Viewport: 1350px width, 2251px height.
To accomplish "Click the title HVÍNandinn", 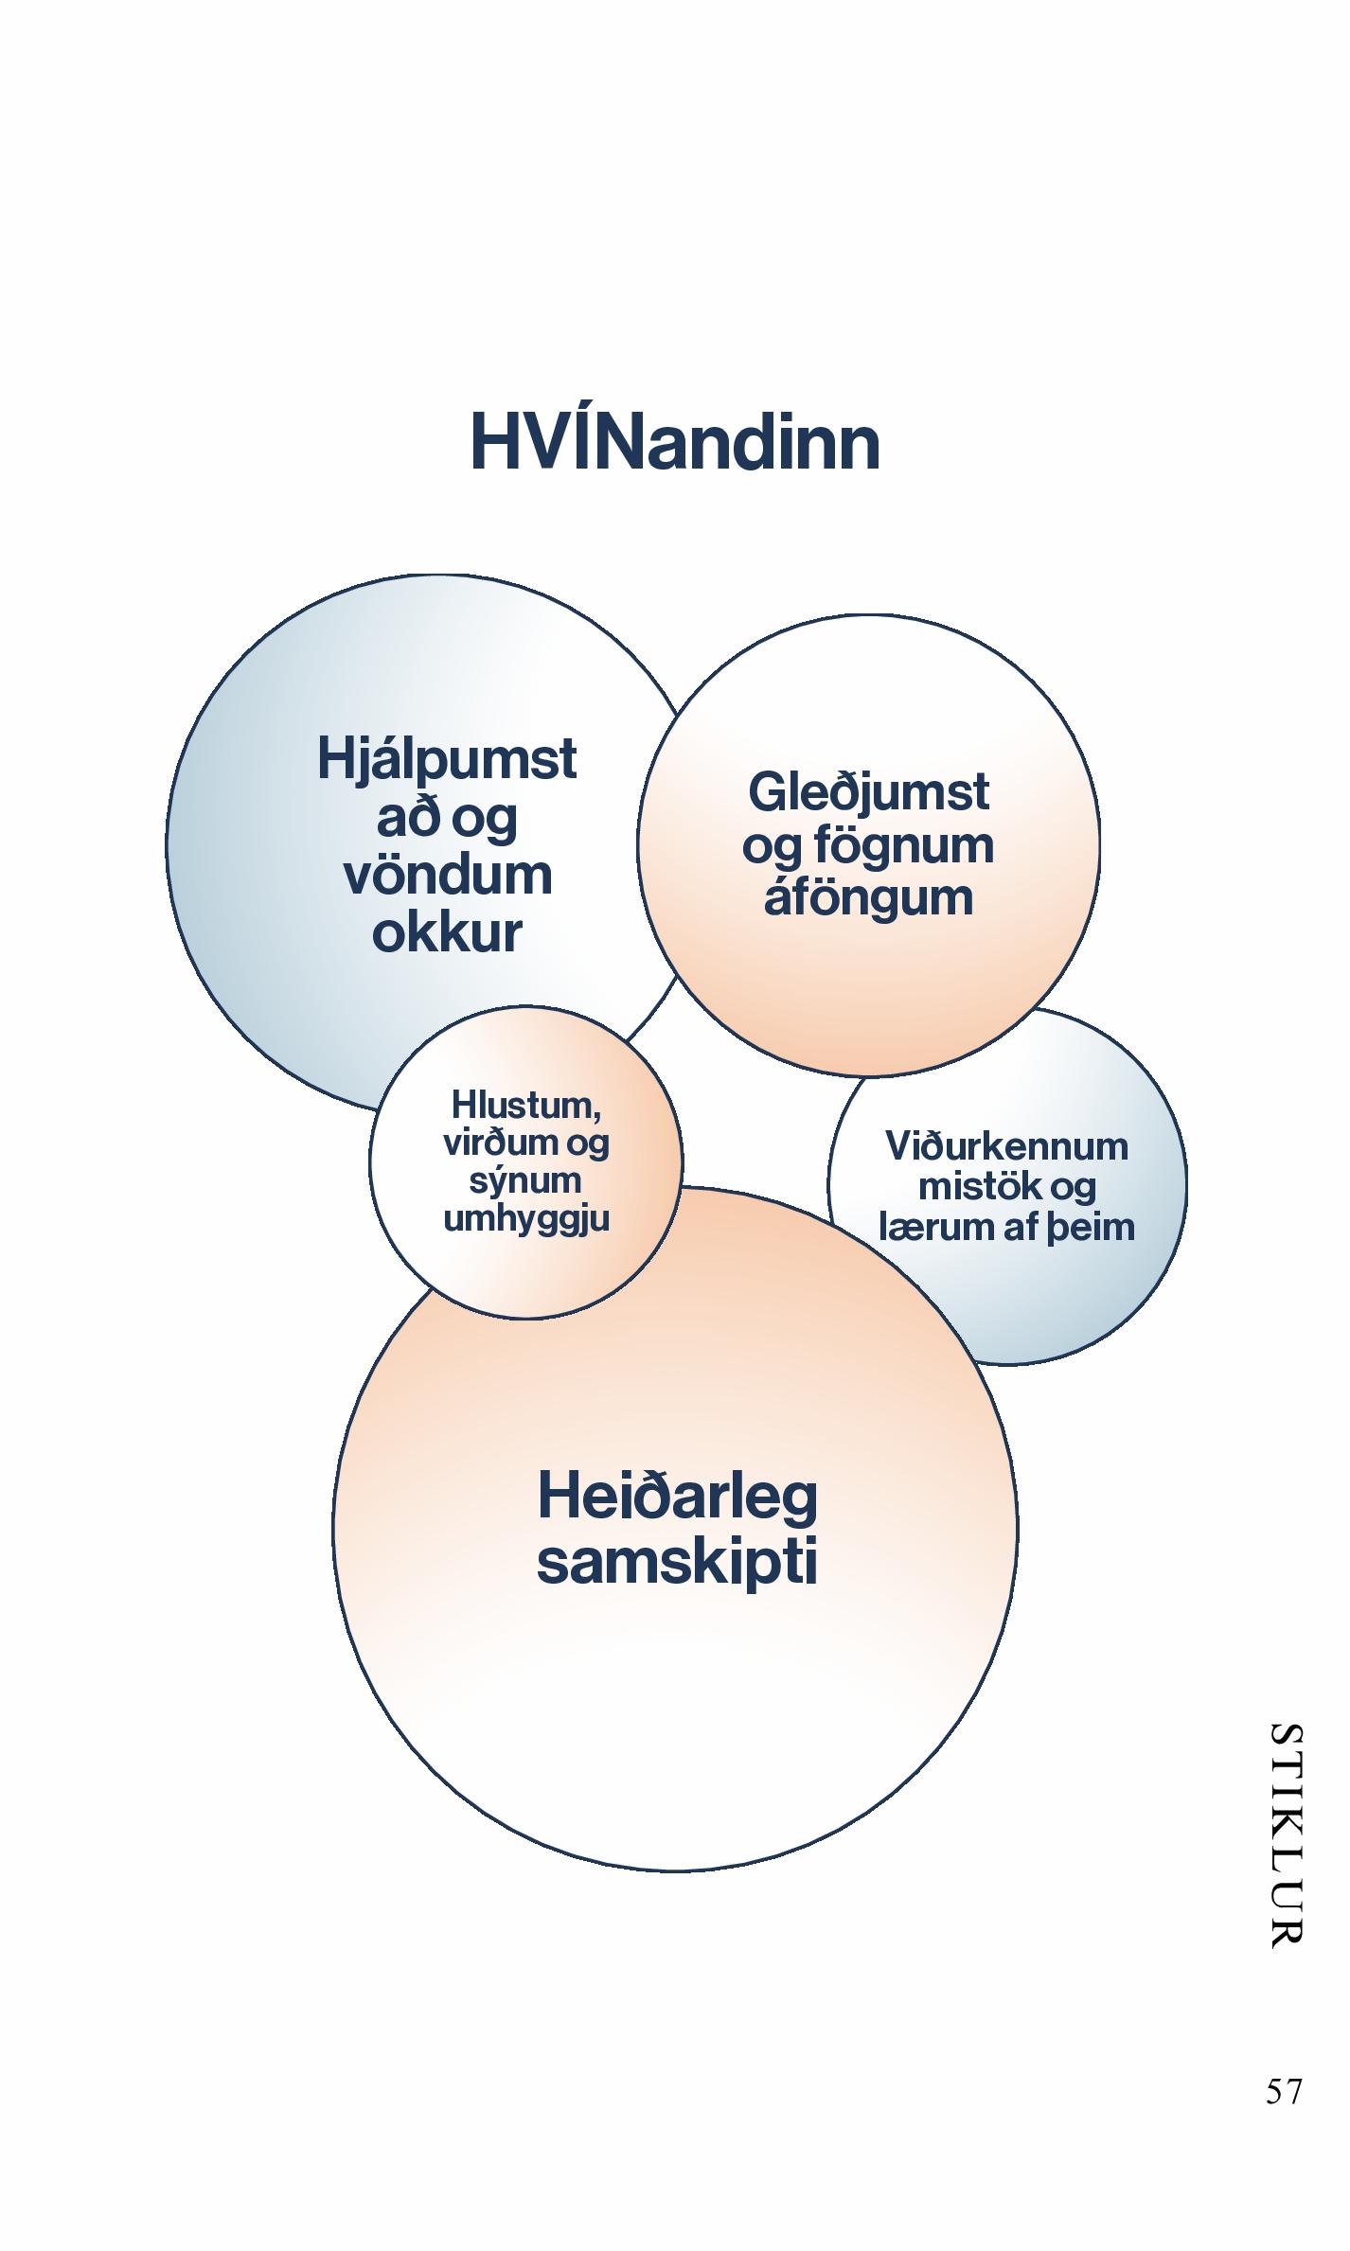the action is click(675, 443).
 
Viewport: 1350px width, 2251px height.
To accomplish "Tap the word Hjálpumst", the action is click(447, 760).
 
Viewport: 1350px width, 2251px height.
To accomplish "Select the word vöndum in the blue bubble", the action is click(448, 876).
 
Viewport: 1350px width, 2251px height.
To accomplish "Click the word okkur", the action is click(447, 932).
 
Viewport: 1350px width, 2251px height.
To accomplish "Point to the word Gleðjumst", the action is click(868, 792).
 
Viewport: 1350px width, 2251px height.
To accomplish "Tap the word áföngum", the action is click(868, 897).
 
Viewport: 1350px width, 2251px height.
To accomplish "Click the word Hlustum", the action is click(525, 1105).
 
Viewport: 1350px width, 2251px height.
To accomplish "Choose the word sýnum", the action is click(525, 1180).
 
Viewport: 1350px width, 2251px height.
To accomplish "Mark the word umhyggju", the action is click(526, 1219).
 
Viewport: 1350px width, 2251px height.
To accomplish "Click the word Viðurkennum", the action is click(1007, 1147).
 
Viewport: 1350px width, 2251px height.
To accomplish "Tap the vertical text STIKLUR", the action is click(1285, 1834).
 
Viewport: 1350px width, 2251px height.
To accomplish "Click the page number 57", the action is click(1284, 2090).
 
